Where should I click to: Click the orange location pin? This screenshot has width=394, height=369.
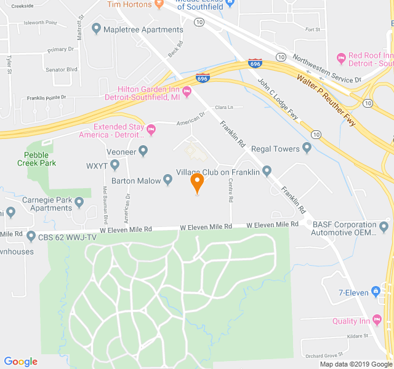click(x=197, y=183)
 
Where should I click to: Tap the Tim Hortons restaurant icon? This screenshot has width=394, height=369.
click(x=158, y=4)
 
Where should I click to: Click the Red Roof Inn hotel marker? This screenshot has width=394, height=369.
click(x=342, y=58)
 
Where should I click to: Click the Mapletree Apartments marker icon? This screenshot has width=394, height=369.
click(x=96, y=29)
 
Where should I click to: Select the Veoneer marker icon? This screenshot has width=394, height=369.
click(x=143, y=149)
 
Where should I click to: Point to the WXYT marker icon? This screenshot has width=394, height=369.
click(x=115, y=165)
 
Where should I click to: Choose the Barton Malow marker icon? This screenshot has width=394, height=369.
click(x=167, y=180)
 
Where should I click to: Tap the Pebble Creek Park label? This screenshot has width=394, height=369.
click(x=40, y=159)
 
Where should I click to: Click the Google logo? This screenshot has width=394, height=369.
click(x=21, y=362)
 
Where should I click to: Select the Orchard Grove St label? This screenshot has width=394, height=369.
click(x=324, y=355)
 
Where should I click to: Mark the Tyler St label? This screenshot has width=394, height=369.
click(x=9, y=65)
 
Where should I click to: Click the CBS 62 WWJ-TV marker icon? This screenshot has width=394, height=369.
click(x=31, y=237)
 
